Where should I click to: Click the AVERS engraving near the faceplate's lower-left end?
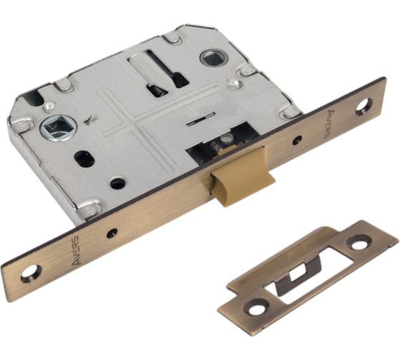76,250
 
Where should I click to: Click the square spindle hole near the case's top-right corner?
211,58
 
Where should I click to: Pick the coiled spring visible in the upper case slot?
156,91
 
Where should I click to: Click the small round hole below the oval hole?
117,184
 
